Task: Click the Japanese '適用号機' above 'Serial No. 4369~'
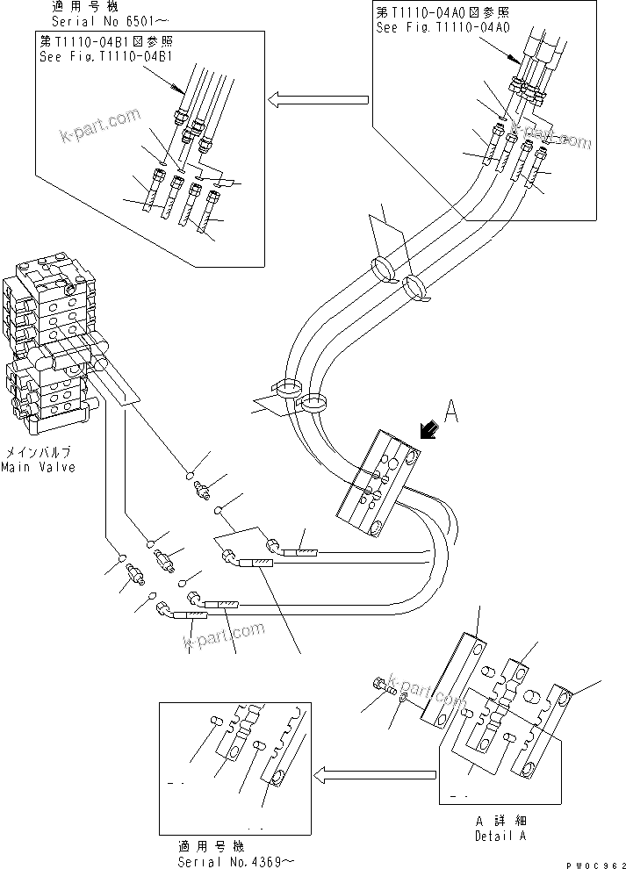(x=212, y=847)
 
